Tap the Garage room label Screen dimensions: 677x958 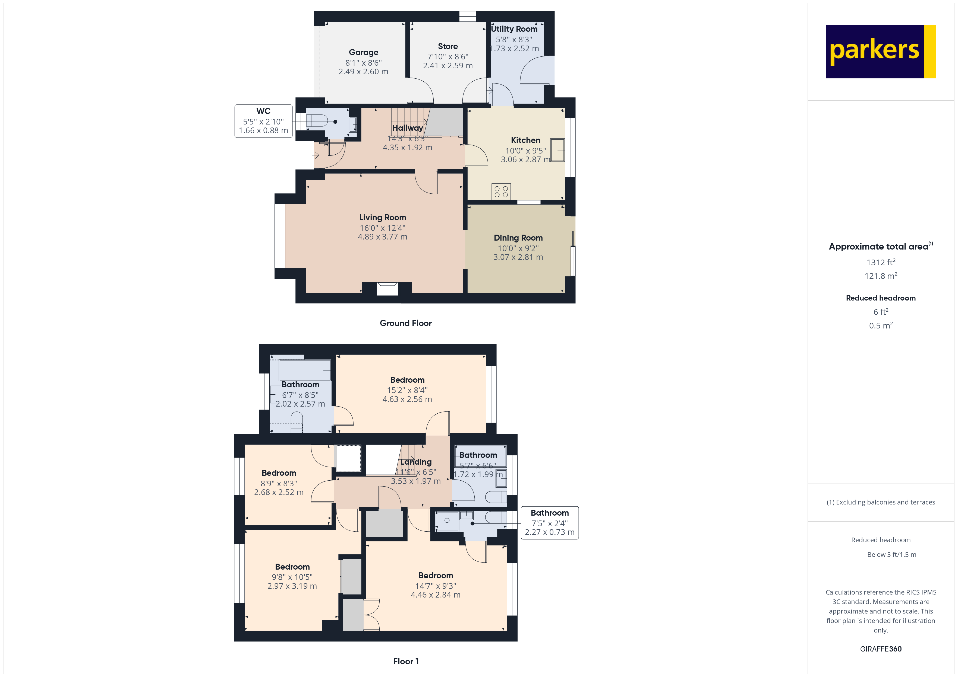(x=363, y=52)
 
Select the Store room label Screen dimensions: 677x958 (x=448, y=46)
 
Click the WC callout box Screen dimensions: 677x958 (x=263, y=121)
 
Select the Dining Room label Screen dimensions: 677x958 (x=518, y=238)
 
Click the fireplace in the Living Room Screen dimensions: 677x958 (x=387, y=289)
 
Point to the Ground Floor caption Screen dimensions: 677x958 (x=406, y=323)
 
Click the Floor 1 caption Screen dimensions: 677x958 (x=406, y=661)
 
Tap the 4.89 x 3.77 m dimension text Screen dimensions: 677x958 (x=382, y=237)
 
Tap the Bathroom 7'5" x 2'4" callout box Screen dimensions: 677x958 (x=550, y=522)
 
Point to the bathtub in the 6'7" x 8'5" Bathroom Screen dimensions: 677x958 (x=305, y=370)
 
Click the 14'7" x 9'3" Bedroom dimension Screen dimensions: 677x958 (x=436, y=586)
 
